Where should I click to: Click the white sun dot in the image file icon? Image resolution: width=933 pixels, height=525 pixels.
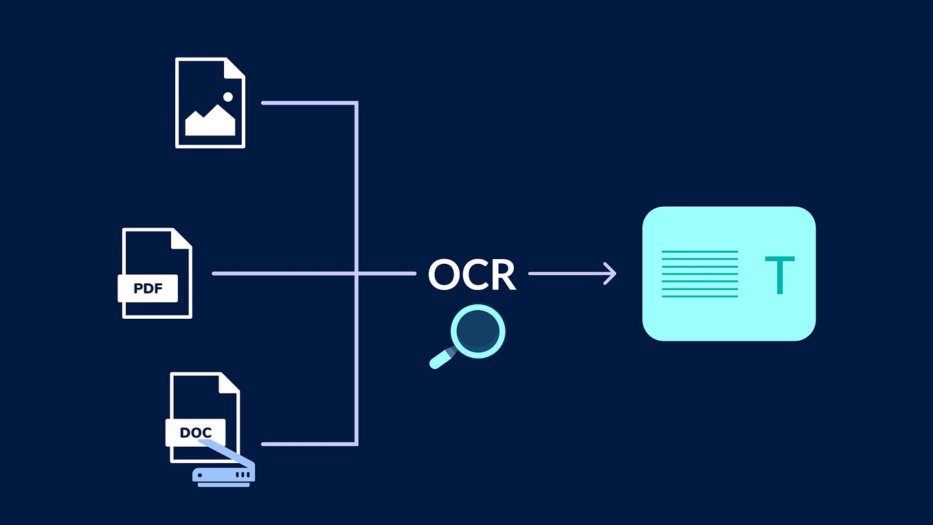click(x=228, y=97)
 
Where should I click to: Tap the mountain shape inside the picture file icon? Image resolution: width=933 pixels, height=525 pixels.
click(x=210, y=124)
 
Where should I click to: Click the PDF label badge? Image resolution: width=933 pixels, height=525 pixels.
click(x=148, y=289)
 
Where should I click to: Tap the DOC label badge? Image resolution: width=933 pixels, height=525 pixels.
click(x=195, y=433)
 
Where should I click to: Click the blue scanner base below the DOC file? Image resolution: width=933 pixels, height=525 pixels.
click(x=223, y=474)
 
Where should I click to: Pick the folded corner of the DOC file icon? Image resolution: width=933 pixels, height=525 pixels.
click(x=230, y=382)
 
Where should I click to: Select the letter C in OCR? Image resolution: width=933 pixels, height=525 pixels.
click(x=477, y=274)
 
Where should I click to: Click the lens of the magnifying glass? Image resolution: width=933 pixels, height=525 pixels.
click(x=478, y=331)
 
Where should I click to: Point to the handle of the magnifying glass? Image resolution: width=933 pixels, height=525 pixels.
click(x=440, y=359)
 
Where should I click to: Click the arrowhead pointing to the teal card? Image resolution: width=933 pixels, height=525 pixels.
click(x=609, y=273)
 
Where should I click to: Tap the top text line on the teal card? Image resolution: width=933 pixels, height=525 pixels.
click(x=699, y=252)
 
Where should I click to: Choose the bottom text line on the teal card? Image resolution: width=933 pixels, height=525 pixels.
click(x=699, y=296)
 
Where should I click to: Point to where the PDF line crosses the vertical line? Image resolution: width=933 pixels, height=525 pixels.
click(x=357, y=273)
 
